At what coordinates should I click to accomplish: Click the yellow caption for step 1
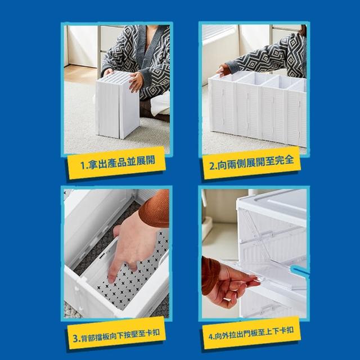pyautogui.click(x=116, y=163)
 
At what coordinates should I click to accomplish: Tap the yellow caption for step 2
pyautogui.click(x=251, y=163)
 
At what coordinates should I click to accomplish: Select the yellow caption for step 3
pyautogui.click(x=116, y=333)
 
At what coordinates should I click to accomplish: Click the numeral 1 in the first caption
pyautogui.click(x=83, y=165)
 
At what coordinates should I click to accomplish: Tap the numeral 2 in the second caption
pyautogui.click(x=213, y=166)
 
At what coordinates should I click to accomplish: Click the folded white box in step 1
pyautogui.click(x=118, y=105)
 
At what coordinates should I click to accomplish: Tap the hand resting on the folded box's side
pyautogui.click(x=136, y=82)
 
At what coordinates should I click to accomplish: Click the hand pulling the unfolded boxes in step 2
pyautogui.click(x=222, y=70)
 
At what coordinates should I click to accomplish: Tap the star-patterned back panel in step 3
pyautogui.click(x=133, y=276)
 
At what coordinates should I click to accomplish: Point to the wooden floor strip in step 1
pyautogui.click(x=80, y=74)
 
